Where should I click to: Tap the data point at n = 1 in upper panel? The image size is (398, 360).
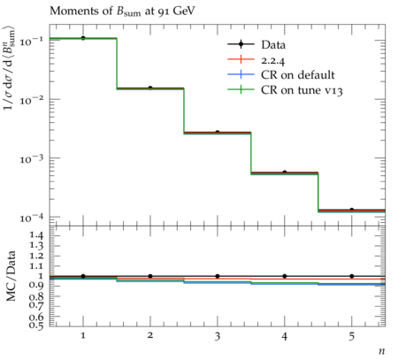pos(83,38)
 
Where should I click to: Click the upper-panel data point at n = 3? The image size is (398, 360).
pos(218,133)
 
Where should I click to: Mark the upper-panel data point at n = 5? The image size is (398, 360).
pos(352,210)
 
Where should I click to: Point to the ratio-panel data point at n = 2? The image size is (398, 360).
pos(150,276)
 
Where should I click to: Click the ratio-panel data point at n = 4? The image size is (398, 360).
pos(285,276)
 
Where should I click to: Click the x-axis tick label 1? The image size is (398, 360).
pos(83,336)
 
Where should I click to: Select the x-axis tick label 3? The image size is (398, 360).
pos(218,336)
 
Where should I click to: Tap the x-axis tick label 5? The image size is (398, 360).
pos(352,336)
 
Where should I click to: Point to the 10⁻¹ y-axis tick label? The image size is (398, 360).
pos(32,41)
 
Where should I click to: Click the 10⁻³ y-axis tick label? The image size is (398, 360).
pos(32,158)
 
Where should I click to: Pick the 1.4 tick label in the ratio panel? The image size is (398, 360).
pos(35,235)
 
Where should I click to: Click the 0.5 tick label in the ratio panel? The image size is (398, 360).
pos(35,325)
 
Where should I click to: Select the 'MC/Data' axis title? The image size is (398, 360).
pos(11,276)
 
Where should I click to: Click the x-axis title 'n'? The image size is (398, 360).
pos(381,351)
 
